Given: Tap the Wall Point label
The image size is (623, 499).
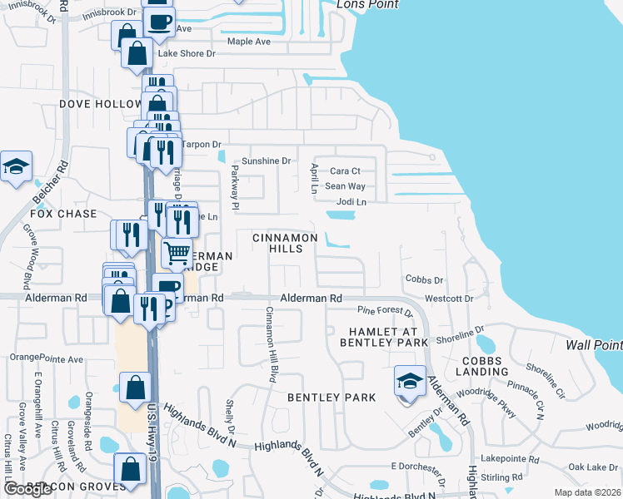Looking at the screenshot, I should [594, 345].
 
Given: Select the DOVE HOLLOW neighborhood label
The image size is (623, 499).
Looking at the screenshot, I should [101, 104].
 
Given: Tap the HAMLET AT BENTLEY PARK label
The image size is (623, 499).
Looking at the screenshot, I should [383, 337].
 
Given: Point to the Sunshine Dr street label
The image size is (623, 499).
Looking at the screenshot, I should [266, 161].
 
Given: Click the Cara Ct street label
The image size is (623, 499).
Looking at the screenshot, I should [345, 171].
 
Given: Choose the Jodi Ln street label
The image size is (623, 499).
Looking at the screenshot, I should [351, 202].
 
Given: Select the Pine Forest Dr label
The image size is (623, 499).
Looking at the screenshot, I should [385, 312].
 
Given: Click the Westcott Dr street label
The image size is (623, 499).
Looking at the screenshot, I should [449, 298].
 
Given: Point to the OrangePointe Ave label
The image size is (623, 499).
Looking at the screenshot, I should [47, 359].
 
